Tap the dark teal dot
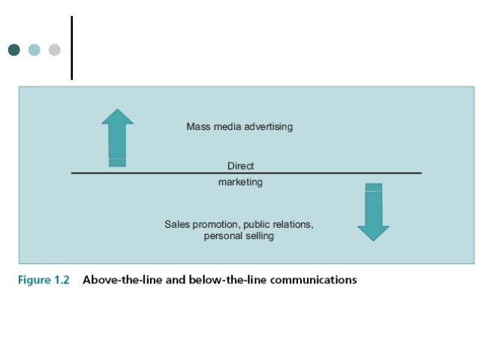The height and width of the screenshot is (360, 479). (14, 50)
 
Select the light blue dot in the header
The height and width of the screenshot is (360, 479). (34, 50)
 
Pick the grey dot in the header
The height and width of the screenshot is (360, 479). (54, 50)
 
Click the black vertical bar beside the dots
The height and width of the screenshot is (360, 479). (72, 47)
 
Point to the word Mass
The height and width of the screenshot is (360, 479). (198, 127)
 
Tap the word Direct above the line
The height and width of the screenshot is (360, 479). (240, 165)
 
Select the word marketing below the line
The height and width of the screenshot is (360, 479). (240, 183)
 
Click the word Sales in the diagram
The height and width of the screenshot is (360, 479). (176, 225)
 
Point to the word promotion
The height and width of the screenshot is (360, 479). (215, 225)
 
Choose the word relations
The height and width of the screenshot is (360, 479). (293, 225)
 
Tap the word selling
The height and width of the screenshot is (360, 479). (258, 236)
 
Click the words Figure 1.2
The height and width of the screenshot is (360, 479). (44, 280)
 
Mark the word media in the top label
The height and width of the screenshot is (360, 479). (226, 127)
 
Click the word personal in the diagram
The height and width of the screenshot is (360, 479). (222, 236)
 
